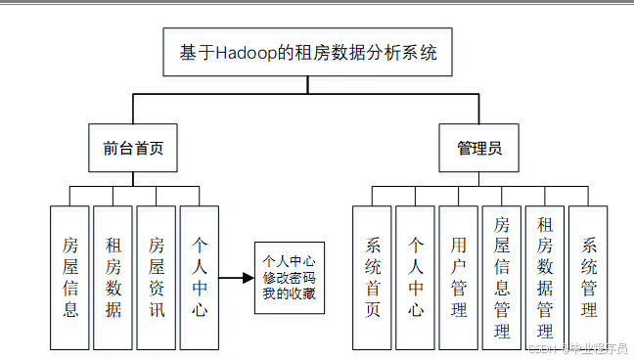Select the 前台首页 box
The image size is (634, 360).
[x=133, y=149]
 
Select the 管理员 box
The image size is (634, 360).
[x=479, y=149]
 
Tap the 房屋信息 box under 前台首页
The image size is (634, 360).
[x=69, y=278]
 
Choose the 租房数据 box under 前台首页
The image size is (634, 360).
[x=113, y=278]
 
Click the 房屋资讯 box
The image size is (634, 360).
[x=157, y=278]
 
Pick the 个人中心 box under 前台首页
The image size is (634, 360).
[x=200, y=278]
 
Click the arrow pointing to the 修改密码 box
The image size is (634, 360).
[x=235, y=278]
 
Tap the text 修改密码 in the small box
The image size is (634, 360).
[x=289, y=278]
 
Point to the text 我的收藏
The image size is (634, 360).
[x=289, y=293]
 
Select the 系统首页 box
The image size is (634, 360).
[x=372, y=278]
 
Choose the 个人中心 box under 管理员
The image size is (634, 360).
[x=415, y=278]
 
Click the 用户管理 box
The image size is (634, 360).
[x=458, y=278]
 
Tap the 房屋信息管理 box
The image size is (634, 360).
[x=501, y=278]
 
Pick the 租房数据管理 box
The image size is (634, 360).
[x=545, y=278]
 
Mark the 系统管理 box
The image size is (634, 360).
[x=588, y=278]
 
